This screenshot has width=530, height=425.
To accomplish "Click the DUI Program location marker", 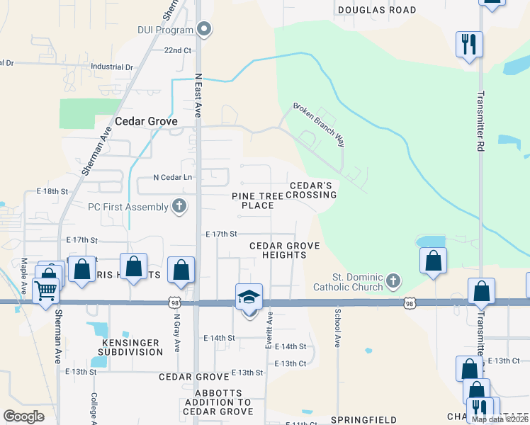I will click(205, 30).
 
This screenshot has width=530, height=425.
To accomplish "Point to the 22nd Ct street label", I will click(178, 50).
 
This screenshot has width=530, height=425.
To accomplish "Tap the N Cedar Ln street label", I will click(173, 177).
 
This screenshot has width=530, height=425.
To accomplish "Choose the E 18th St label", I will click(52, 191).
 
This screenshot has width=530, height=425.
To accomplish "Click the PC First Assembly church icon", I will click(180, 206).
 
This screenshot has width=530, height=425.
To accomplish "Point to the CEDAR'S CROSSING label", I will click(311, 190).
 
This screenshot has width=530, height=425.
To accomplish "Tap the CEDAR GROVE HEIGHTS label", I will click(284, 250).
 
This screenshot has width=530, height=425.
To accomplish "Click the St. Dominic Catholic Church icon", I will click(394, 282).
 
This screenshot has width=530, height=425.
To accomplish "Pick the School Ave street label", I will click(338, 327).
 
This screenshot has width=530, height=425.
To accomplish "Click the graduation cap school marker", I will click(249, 297).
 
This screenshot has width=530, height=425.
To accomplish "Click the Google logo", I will click(24, 416).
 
